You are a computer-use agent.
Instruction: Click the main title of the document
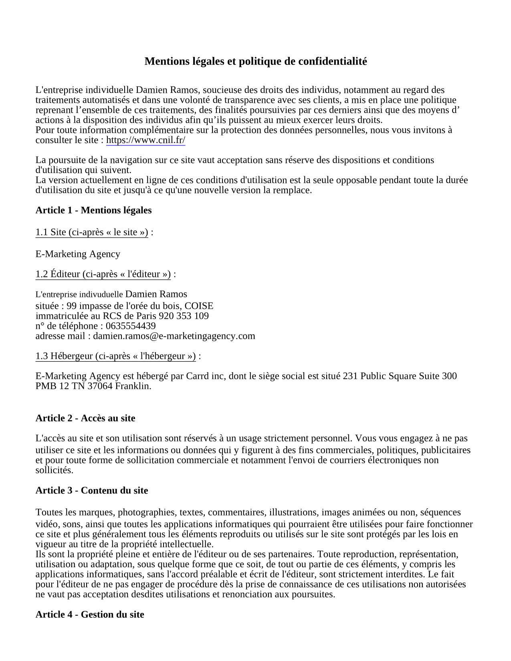tap(255, 61)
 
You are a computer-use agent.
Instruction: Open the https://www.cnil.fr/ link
tap(145, 140)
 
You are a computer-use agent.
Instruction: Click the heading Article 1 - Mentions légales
tap(93, 210)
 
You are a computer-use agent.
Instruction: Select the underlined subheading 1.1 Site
tap(92, 232)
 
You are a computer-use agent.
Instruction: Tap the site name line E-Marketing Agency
tap(78, 254)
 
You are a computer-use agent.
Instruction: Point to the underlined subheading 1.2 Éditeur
tap(103, 274)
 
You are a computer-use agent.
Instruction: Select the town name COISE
tap(199, 306)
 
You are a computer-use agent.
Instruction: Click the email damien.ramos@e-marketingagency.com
tap(174, 336)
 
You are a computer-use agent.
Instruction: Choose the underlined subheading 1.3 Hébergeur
tap(115, 356)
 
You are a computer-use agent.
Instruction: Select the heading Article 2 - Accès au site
tap(85, 418)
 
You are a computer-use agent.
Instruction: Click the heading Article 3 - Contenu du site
tap(92, 491)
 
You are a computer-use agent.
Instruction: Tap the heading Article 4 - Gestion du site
tap(90, 615)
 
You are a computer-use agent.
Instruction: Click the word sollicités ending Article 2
tap(54, 470)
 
